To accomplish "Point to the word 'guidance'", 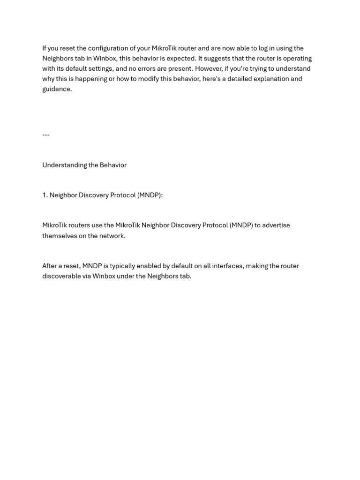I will click(x=57, y=89).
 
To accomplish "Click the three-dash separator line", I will click(x=45, y=135).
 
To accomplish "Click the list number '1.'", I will click(x=45, y=195).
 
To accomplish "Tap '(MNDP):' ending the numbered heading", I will click(x=150, y=195).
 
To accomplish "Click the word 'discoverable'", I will click(x=61, y=276).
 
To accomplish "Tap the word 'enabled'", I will click(x=149, y=266).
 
